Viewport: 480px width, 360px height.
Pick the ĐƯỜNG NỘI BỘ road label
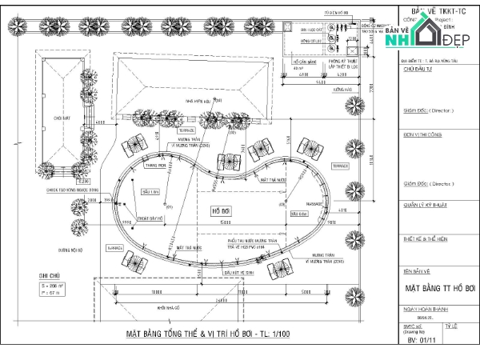coord(70,250)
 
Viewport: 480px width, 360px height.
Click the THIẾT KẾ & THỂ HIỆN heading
coord(425,239)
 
